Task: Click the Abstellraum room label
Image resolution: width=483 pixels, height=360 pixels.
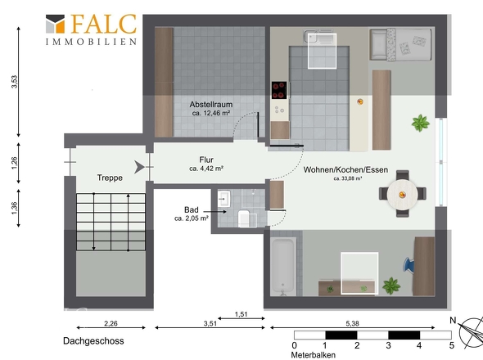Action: (211, 105)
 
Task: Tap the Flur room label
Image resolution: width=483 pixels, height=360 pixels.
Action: (206, 160)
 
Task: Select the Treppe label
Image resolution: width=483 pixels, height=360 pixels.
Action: (110, 178)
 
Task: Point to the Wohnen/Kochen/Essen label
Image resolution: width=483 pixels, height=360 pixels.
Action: (345, 169)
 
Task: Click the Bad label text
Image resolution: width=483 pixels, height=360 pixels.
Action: (192, 210)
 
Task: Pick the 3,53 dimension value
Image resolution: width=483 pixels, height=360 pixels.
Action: (15, 82)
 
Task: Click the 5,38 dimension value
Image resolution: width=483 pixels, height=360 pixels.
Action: (352, 323)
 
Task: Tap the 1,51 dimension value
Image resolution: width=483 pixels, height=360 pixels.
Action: (241, 314)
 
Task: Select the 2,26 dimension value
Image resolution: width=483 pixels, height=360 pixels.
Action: (111, 323)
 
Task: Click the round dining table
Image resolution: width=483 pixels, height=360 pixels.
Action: (402, 195)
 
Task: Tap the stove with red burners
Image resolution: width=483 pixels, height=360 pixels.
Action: (279, 90)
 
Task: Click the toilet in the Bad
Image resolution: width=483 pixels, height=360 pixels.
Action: (246, 218)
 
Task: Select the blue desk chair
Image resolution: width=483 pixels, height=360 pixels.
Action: (409, 264)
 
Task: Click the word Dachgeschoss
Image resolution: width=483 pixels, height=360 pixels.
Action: (93, 341)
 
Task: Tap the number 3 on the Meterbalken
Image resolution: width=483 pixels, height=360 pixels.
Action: (388, 345)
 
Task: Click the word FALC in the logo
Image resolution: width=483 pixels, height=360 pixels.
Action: (104, 24)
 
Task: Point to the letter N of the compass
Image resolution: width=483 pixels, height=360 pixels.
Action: (453, 320)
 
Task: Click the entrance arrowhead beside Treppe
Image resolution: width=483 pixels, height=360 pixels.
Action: (139, 167)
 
